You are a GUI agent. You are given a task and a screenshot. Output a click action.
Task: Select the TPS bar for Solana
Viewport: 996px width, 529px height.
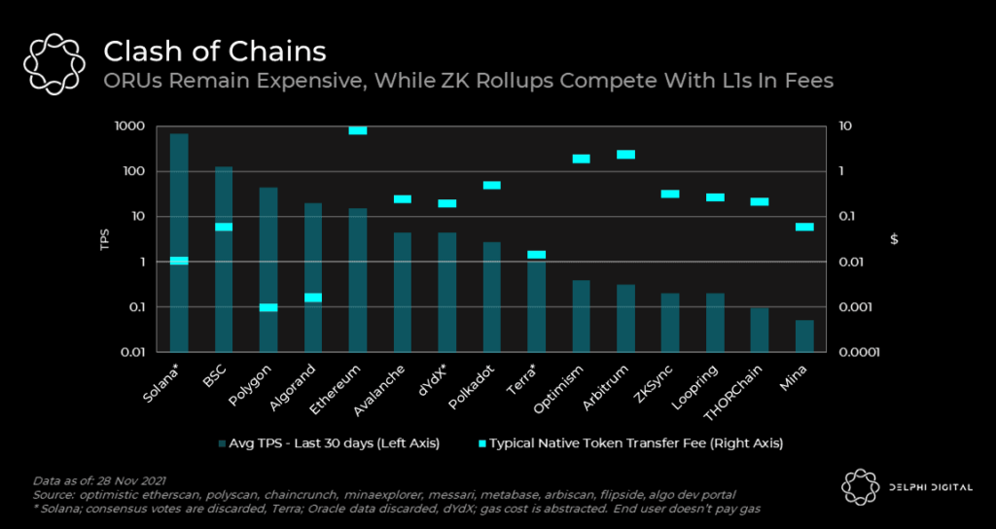coord(179,292)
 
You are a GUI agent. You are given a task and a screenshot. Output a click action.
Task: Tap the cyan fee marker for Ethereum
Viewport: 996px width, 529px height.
coord(358,129)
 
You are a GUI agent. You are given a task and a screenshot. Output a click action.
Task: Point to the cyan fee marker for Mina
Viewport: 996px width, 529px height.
coord(804,227)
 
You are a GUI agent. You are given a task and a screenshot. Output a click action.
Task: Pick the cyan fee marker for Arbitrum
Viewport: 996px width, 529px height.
coord(625,155)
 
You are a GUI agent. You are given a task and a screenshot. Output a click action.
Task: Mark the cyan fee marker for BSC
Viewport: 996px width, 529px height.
coord(224,227)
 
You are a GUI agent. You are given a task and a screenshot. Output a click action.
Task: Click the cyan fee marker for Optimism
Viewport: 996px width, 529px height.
coord(581,159)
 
